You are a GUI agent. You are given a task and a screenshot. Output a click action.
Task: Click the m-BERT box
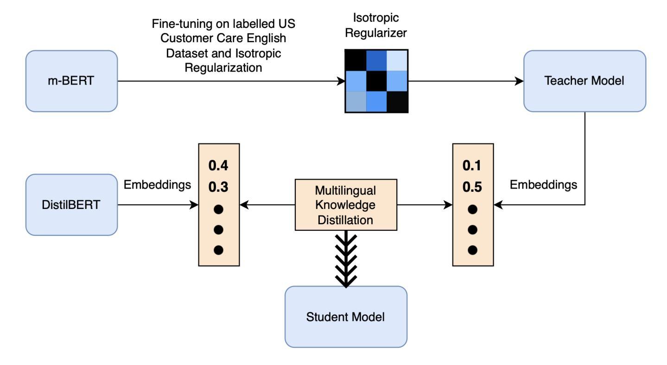coord(71,81)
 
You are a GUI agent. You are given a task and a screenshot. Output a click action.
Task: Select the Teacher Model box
coord(585,81)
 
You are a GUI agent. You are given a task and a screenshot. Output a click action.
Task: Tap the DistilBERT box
coord(71,205)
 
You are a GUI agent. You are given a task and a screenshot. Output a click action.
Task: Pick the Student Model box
coord(346,317)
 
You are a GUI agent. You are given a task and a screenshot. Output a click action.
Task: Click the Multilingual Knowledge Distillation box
coord(346,205)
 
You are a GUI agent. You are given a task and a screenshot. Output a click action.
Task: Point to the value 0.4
coord(218,165)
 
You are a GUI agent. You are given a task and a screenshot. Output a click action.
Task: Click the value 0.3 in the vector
coord(218,187)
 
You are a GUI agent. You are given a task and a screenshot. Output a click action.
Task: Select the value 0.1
coord(472,165)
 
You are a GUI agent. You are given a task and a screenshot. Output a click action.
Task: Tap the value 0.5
coord(472,187)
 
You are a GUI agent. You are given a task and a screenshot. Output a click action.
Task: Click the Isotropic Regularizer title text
coord(376,26)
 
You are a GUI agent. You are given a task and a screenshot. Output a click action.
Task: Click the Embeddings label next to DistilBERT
coord(157,185)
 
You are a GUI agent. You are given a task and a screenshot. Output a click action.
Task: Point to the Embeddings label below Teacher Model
coord(543,185)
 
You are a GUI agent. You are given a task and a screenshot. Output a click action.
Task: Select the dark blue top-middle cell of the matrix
coord(376,60)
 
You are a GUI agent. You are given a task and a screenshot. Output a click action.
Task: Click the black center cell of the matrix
coord(376,81)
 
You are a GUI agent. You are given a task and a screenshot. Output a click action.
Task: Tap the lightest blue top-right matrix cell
coord(397,60)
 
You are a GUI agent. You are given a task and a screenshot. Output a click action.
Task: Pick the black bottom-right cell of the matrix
coord(397,102)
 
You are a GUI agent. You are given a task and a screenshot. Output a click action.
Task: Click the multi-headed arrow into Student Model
coord(346,259)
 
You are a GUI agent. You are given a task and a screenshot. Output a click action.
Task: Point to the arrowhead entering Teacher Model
coord(519,81)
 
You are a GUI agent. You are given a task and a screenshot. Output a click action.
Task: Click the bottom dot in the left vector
coord(218,250)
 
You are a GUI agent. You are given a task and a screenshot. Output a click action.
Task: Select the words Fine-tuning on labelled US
coord(223,24)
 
